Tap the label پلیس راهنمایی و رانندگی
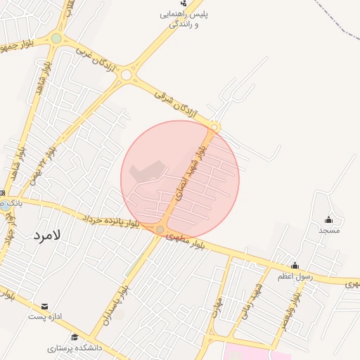click(184, 19)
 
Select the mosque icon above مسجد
click(328, 219)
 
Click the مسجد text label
click(328, 230)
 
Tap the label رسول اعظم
click(294, 276)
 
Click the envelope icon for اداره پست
click(45, 307)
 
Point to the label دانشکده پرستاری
click(75, 347)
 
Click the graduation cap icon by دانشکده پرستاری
click(75, 336)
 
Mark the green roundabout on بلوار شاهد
click(56, 38)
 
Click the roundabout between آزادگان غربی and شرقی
click(127, 75)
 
